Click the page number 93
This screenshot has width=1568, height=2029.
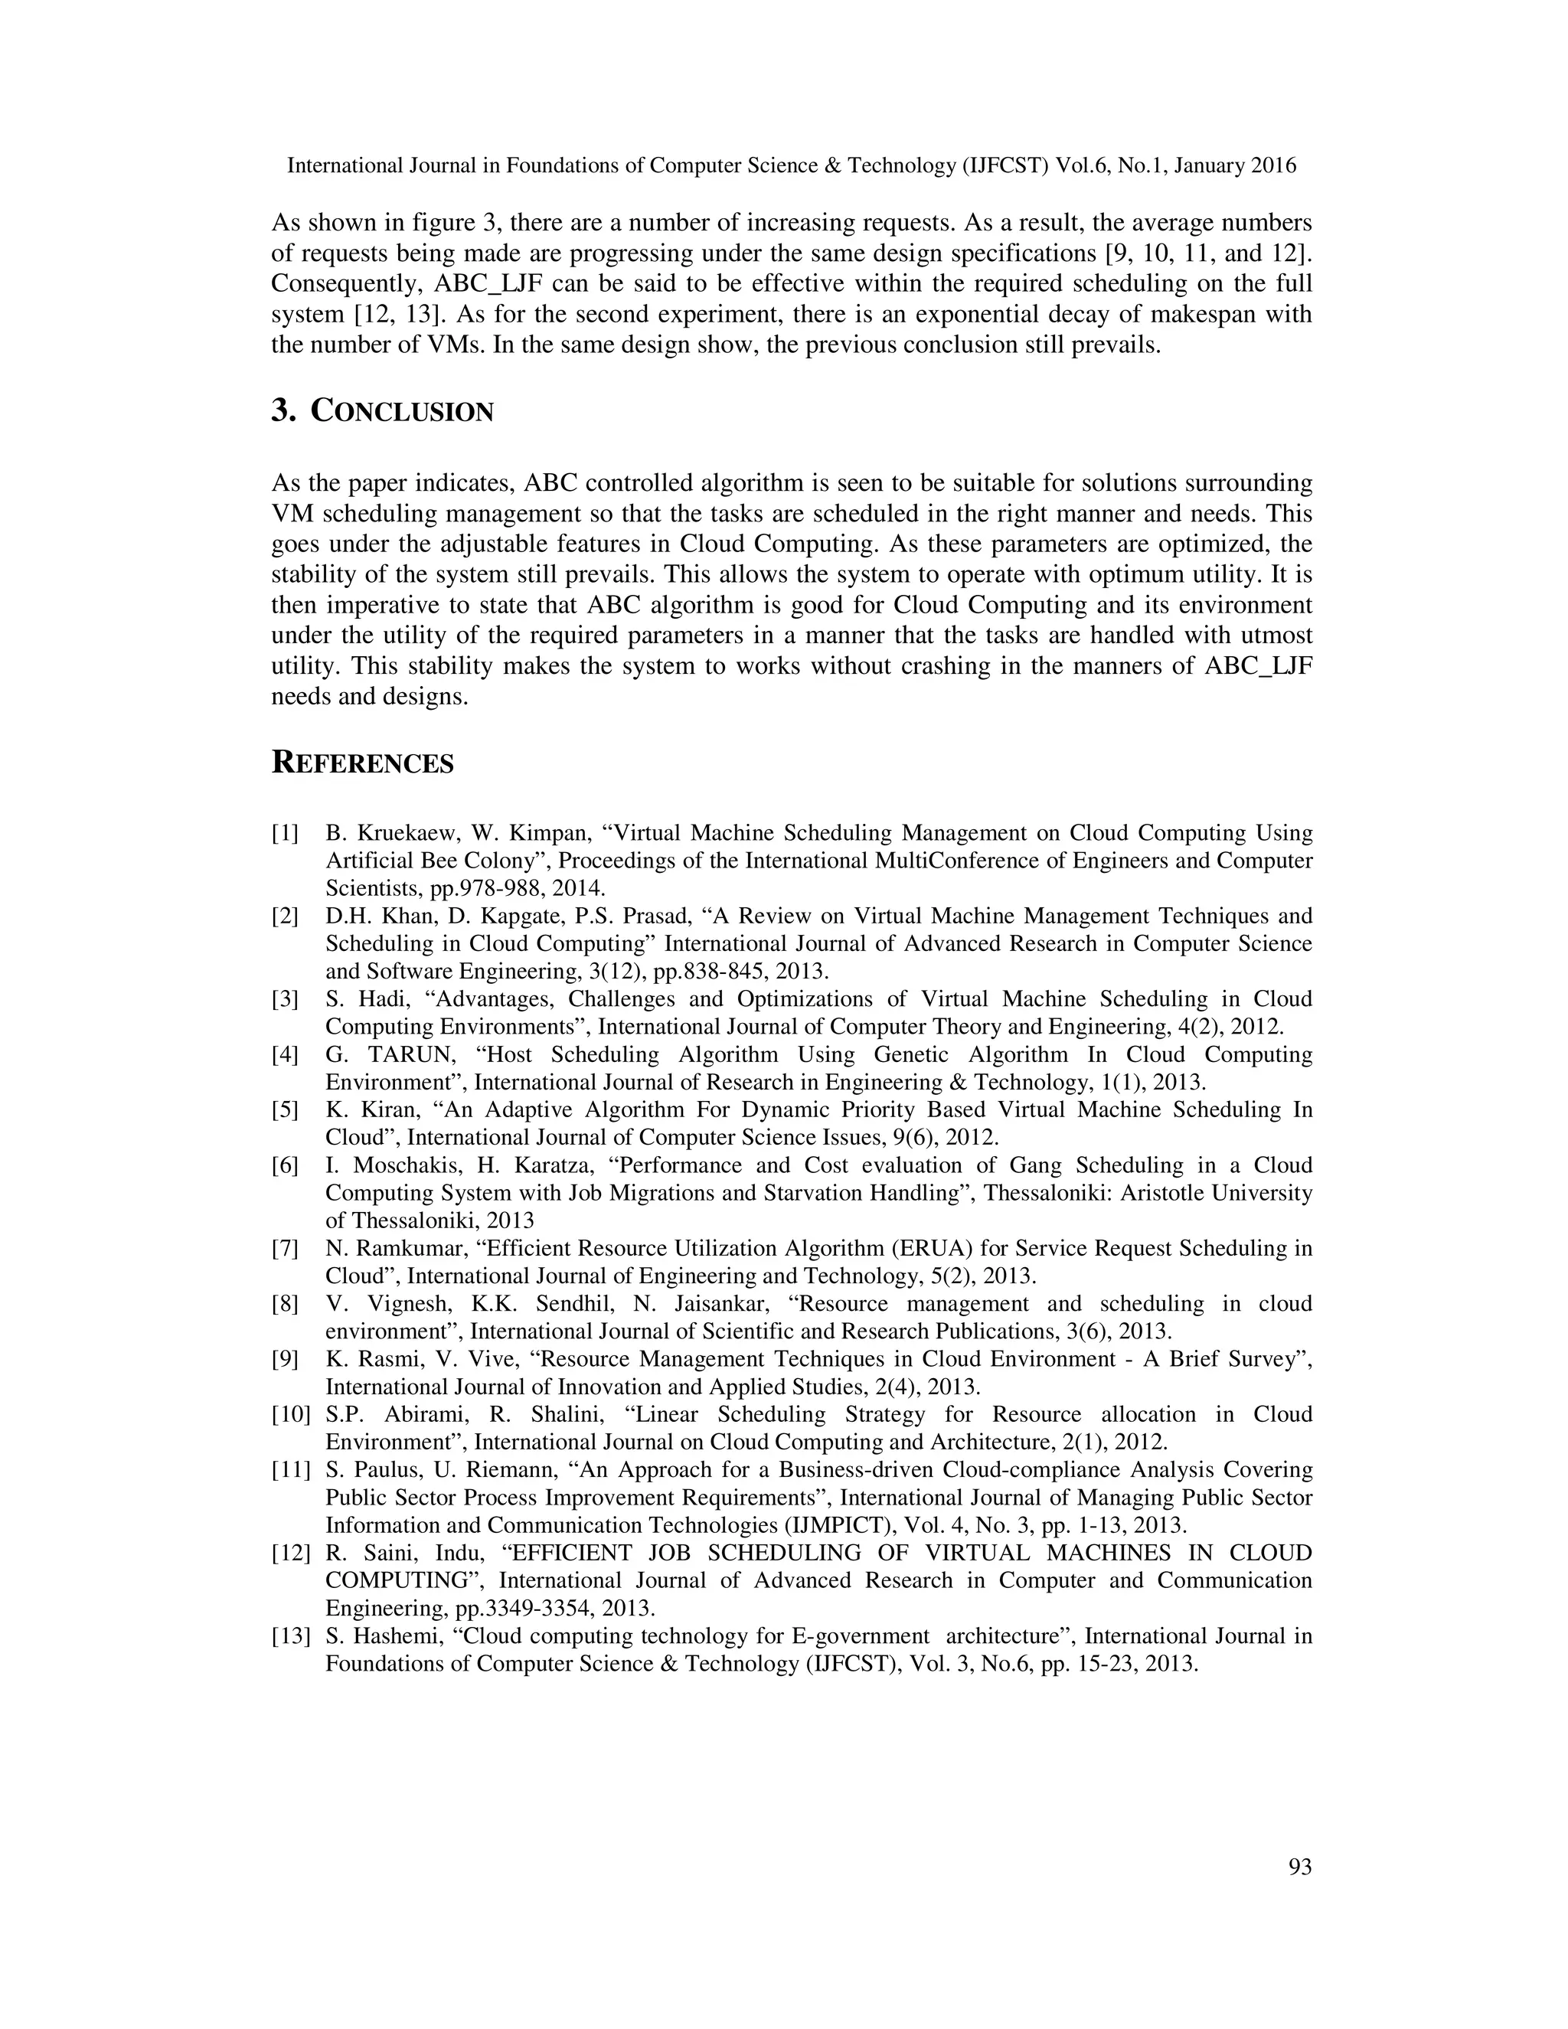[x=1299, y=1867]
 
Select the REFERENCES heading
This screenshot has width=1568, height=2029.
[x=362, y=763]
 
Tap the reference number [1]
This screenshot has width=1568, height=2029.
[x=285, y=833]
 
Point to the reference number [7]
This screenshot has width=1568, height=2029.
[x=285, y=1249]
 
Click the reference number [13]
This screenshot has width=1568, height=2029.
[x=290, y=1636]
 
